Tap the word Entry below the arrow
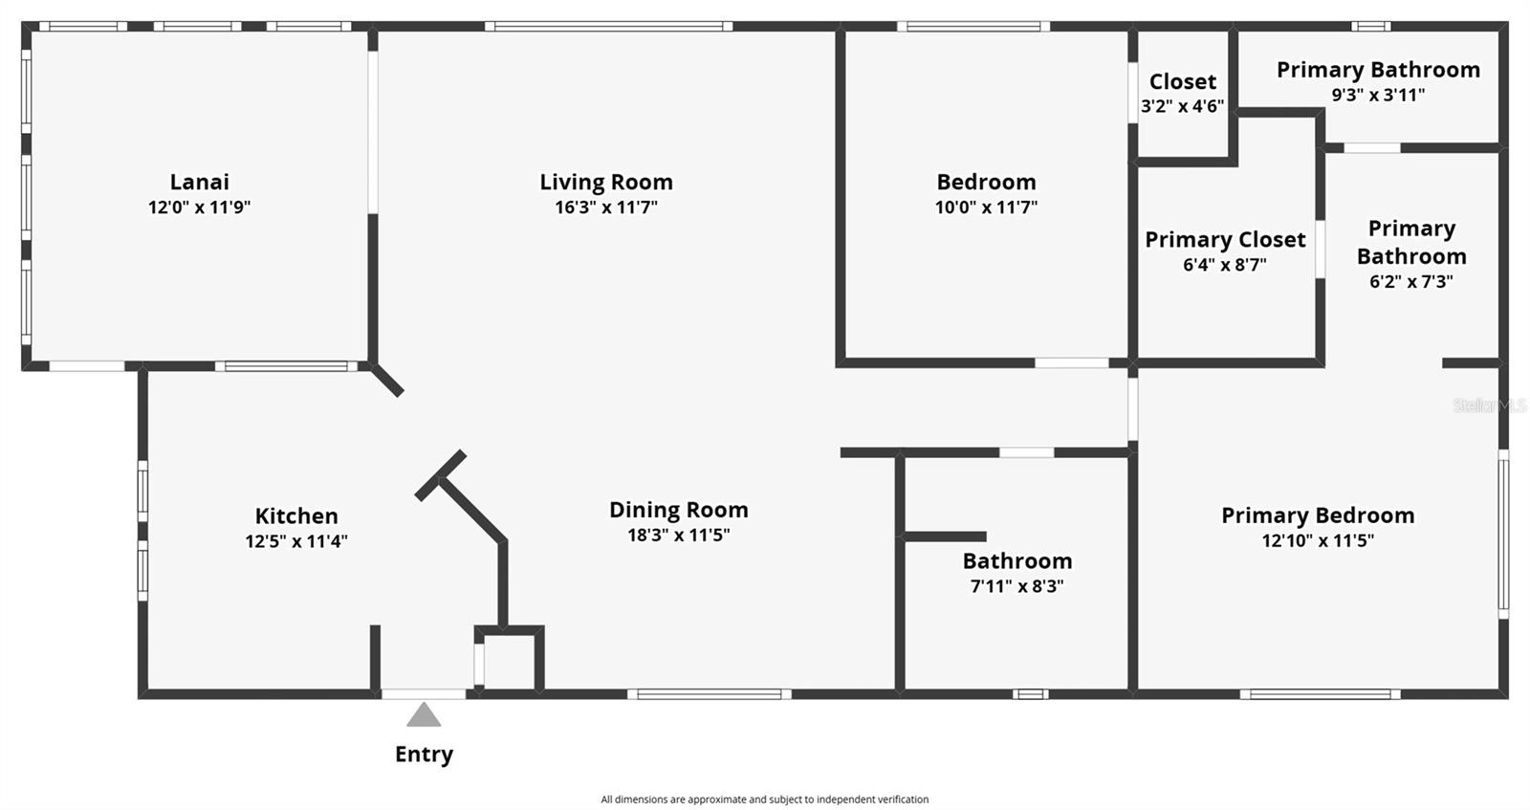424,755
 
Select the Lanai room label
199,182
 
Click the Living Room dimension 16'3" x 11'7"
606,208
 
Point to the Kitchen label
296,516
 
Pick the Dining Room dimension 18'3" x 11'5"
678,536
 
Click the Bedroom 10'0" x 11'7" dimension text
986,208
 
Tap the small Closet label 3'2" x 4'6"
1183,93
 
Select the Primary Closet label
1225,240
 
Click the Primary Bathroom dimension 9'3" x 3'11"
1378,96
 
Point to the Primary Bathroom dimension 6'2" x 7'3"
1410,282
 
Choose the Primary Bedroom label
1318,515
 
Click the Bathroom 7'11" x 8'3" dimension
1016,586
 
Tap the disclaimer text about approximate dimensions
764,799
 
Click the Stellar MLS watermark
1489,405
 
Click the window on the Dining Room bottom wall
709,694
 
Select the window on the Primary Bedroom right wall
1503,533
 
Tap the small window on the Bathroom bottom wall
1031,694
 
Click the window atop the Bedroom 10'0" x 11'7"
973,27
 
